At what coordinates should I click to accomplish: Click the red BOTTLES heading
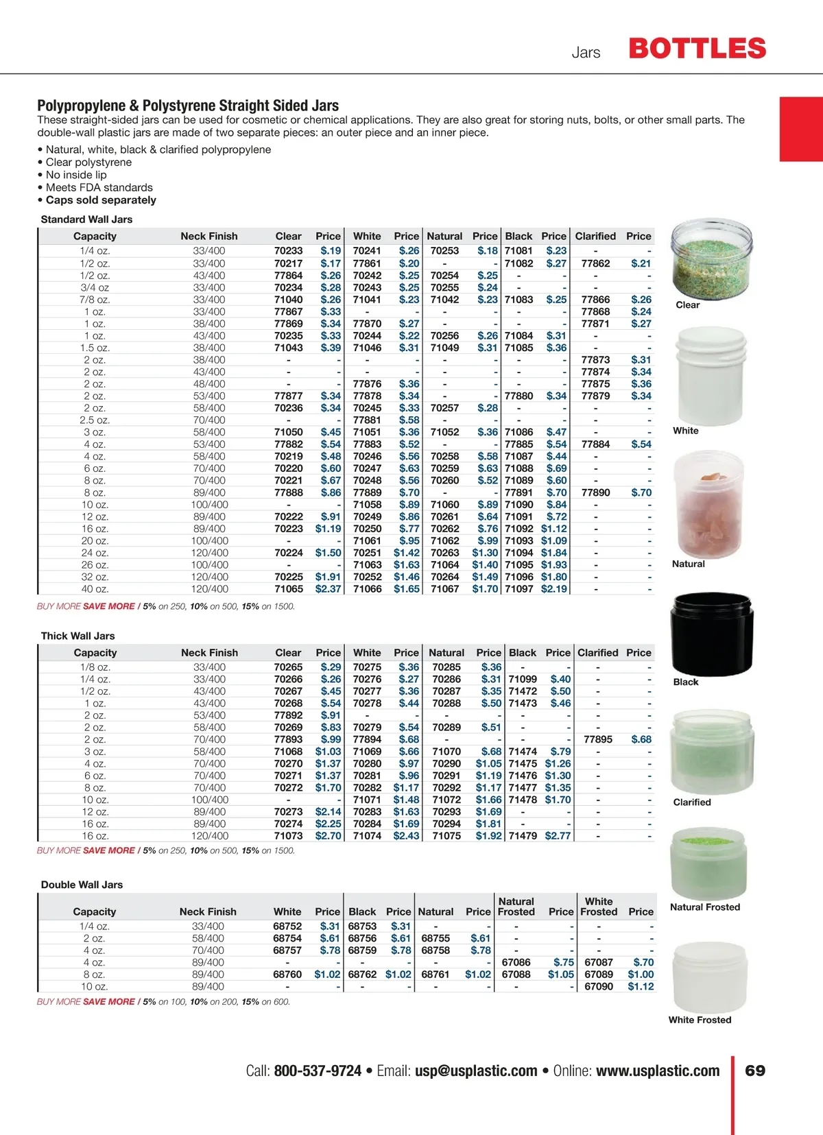(x=697, y=49)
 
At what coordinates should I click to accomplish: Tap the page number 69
(x=755, y=1071)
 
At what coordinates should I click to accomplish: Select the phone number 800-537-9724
(x=318, y=1071)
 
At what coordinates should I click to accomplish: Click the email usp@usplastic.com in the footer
(x=476, y=1071)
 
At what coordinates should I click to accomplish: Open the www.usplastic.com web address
(x=658, y=1071)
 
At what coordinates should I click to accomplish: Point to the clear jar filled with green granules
(x=711, y=259)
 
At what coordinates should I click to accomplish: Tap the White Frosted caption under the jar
(x=700, y=1020)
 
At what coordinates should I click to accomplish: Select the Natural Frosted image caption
(x=705, y=907)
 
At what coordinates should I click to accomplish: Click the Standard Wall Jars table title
(x=86, y=219)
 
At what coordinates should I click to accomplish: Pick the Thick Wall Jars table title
(x=77, y=636)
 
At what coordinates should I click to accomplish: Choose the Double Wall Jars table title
(x=82, y=885)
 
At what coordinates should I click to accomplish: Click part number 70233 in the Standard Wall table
(x=288, y=251)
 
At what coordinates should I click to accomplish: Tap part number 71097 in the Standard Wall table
(x=518, y=589)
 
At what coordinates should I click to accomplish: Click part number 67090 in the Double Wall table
(x=599, y=986)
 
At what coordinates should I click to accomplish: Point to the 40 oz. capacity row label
(x=95, y=589)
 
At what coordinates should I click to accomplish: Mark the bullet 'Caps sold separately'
(x=101, y=200)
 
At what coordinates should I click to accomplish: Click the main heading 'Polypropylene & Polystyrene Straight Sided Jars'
(x=188, y=106)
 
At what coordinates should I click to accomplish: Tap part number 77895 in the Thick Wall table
(x=598, y=739)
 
